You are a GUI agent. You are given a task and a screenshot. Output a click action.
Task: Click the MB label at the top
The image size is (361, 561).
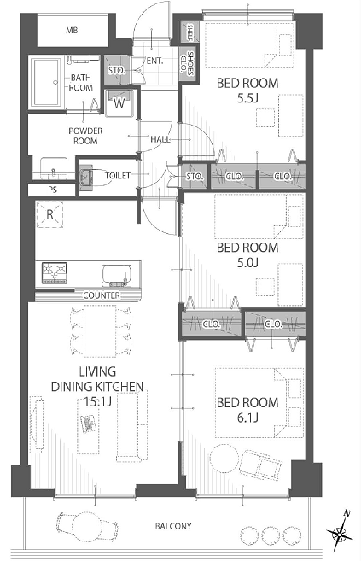pyautogui.click(x=72, y=31)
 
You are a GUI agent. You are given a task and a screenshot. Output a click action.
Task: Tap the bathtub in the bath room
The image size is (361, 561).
pyautogui.click(x=46, y=82)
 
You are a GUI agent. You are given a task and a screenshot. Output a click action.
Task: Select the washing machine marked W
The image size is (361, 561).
pyautogui.click(x=119, y=102)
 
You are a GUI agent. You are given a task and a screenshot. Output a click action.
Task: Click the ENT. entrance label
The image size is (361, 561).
pyautogui.click(x=154, y=61)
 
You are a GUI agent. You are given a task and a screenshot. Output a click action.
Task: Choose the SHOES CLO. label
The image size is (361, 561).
pyautogui.click(x=188, y=63)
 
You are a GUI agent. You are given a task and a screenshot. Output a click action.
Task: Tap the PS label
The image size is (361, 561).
pyautogui.click(x=53, y=190)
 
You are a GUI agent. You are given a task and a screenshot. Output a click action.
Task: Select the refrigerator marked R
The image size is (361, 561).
pyautogui.click(x=50, y=214)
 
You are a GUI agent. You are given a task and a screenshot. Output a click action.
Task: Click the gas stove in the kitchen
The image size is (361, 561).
pyautogui.click(x=55, y=273)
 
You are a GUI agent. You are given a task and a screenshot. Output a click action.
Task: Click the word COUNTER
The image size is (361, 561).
pyautogui.click(x=102, y=295)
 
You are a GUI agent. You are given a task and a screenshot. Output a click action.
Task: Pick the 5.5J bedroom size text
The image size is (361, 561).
pyautogui.click(x=247, y=98)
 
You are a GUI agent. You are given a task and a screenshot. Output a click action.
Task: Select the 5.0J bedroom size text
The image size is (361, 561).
pyautogui.click(x=247, y=263)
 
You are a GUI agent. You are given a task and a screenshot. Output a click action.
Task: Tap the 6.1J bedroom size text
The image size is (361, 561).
pyautogui.click(x=247, y=418)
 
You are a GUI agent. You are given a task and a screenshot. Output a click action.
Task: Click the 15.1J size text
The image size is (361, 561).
pyautogui.click(x=97, y=401)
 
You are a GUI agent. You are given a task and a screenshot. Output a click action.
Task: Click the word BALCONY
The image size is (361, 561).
pyautogui.click(x=173, y=526)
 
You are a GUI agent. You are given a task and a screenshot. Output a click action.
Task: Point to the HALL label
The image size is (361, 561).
pyautogui.click(x=160, y=139)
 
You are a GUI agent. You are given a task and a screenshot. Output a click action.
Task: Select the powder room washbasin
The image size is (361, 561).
pyautogui.click(x=54, y=168)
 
